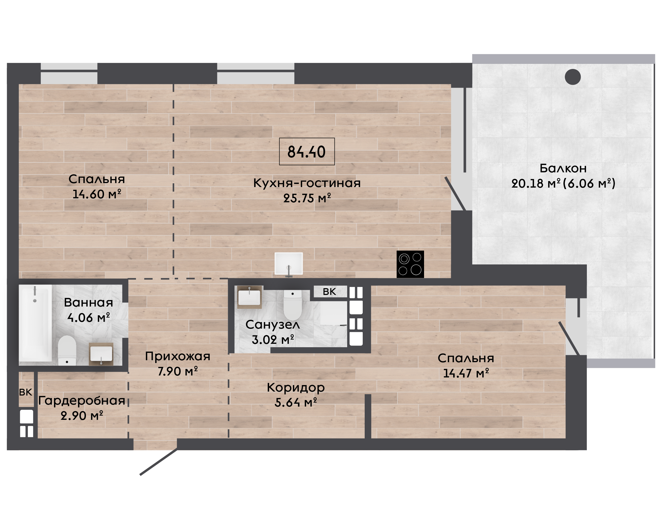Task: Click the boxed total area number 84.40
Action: click(x=307, y=152)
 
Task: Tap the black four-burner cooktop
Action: click(x=410, y=264)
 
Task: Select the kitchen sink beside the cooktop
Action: click(x=289, y=264)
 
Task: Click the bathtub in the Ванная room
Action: click(x=35, y=323)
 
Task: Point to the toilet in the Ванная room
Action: click(x=67, y=350)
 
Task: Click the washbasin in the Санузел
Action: click(x=249, y=297)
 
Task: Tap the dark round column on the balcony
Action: click(x=573, y=77)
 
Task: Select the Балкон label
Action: click(x=563, y=168)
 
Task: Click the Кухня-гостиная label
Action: click(x=307, y=183)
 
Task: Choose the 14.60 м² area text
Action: click(x=97, y=194)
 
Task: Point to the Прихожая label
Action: click(x=178, y=356)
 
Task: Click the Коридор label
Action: click(x=296, y=387)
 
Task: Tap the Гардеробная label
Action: click(x=81, y=400)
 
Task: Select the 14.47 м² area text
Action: click(x=466, y=373)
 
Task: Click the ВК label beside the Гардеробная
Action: click(x=25, y=392)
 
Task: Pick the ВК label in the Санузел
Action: click(x=329, y=292)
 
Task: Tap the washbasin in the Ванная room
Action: click(x=101, y=354)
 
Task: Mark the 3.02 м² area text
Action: click(x=273, y=340)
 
